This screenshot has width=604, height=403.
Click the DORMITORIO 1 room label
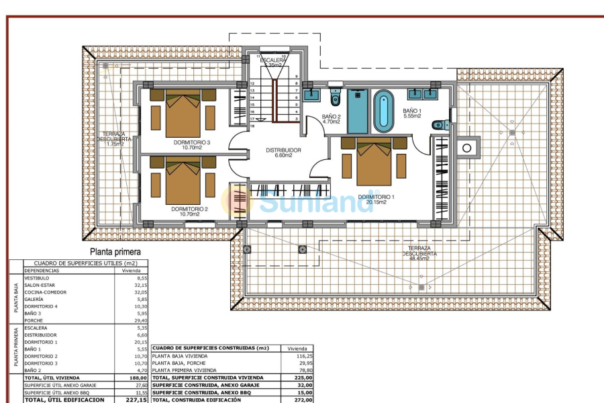375,197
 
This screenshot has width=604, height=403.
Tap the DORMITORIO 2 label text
190,209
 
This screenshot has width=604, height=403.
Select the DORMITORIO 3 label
191,142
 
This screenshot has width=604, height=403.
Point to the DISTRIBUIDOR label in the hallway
283,150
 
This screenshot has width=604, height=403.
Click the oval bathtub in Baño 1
383,111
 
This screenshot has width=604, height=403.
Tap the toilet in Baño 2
336,98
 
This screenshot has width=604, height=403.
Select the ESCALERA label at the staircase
273,60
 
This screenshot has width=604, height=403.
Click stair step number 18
252,126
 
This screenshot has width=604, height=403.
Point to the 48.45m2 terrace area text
420,259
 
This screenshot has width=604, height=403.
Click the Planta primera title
120,252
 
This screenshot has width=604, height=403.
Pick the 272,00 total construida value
303,400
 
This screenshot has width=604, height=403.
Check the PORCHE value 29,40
138,320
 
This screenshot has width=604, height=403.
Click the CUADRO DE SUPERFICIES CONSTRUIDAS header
211,349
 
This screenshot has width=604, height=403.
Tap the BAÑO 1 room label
411,110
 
